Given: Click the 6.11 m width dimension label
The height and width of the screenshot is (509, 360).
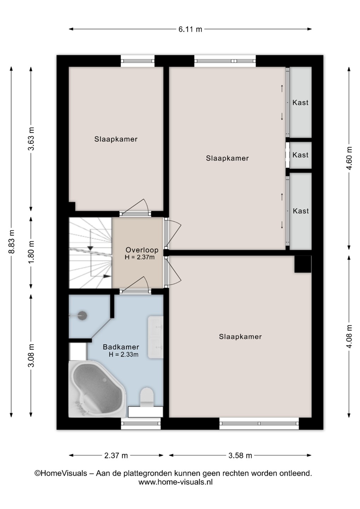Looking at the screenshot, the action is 190,29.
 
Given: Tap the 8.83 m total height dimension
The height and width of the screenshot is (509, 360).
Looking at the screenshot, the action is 12,241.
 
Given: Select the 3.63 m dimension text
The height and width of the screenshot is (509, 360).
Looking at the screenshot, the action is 31,139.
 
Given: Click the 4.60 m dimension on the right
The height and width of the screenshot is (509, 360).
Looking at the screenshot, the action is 349,158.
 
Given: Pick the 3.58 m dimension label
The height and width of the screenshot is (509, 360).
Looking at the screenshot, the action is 240,455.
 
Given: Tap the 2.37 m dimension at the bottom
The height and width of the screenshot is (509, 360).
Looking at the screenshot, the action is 116,455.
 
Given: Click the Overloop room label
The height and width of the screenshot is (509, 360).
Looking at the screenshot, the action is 142,250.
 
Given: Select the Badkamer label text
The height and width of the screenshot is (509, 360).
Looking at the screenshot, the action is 121,347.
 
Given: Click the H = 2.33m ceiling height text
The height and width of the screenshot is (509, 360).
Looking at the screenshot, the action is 123,354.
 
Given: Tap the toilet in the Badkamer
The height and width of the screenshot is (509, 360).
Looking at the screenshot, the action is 147,397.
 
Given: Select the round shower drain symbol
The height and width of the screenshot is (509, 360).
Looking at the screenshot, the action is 82,315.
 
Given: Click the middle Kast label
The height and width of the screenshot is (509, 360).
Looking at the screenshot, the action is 300,155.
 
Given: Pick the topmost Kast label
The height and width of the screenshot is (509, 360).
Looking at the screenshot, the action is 300,103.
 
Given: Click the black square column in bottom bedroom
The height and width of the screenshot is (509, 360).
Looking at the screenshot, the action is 303,264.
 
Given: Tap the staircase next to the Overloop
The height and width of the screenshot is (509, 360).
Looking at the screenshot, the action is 91,253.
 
